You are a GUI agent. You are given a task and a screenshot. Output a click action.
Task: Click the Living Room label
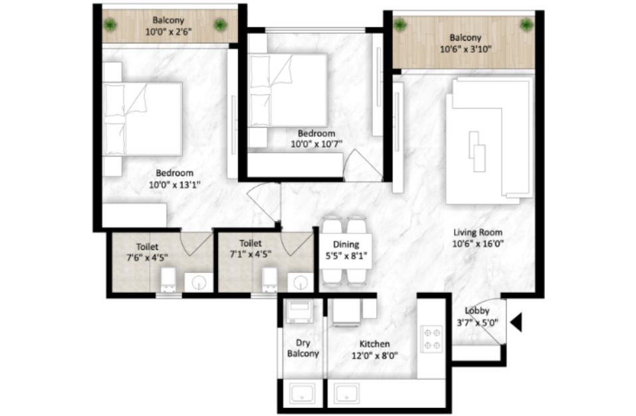coord(478,232)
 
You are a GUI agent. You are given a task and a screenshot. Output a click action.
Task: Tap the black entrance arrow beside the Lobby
coord(516,323)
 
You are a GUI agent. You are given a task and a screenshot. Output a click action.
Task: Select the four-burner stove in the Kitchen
coord(431,339)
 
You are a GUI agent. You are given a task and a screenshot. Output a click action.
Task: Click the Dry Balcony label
coord(303,348)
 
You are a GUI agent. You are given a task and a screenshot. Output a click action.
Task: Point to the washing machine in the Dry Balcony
coord(299,312)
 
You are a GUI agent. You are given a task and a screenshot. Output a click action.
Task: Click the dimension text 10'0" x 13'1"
coord(174,185)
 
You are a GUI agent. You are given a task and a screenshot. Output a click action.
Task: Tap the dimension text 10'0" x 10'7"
coord(316,144)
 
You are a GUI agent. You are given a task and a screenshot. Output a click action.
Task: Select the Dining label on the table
coord(346,244)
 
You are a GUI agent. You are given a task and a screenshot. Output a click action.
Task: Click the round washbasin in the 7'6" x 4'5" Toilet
coord(199,282)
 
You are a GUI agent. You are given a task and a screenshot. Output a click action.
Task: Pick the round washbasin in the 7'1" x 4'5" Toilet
coord(300,282)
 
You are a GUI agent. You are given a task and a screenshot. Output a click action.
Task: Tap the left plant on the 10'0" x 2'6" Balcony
coord(110,25)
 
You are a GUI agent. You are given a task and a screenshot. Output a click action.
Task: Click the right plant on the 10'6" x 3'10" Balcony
coord(526,25)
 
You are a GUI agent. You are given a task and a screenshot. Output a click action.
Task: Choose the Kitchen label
coord(374,343)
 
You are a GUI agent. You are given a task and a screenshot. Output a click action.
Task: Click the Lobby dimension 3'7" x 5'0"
coord(477,323)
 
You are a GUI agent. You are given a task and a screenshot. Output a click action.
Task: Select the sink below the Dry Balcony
coord(302,393)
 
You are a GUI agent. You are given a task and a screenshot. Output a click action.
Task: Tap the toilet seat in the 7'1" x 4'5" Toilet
coord(270,280)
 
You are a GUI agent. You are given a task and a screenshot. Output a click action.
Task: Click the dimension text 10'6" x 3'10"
coord(466,49)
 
